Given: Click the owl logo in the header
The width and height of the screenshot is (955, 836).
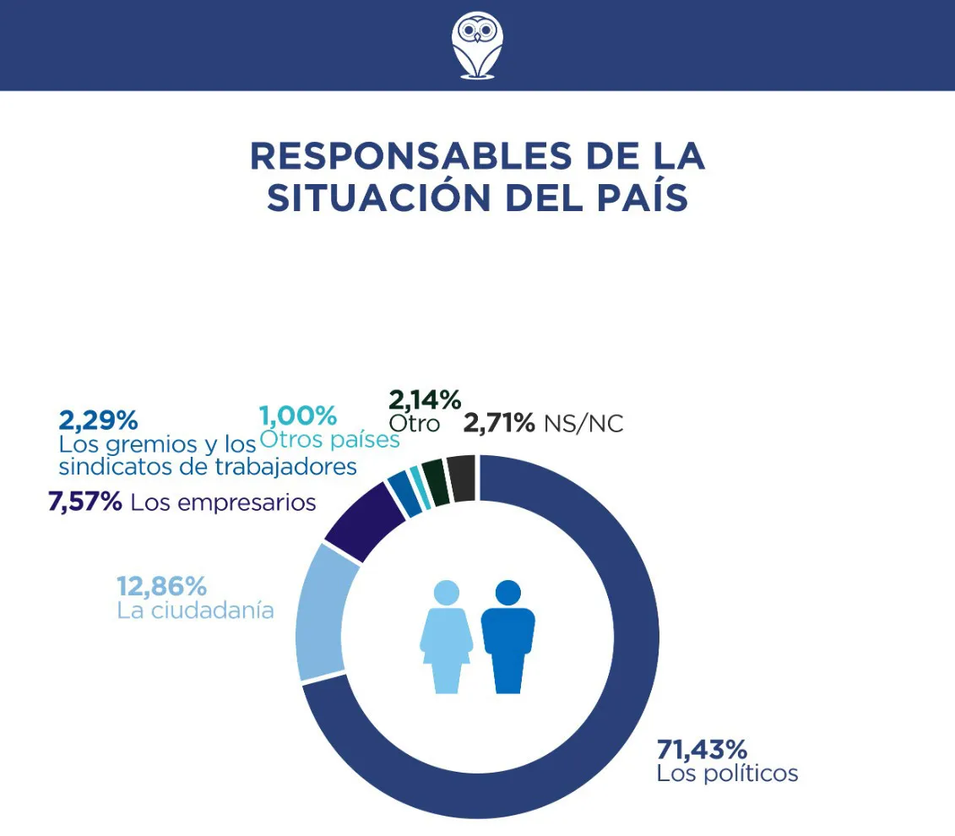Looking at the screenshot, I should pyautogui.click(x=477, y=44).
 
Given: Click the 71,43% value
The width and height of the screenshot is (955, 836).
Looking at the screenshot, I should pyautogui.click(x=702, y=749).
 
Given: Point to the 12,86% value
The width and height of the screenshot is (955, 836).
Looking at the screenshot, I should pyautogui.click(x=161, y=586).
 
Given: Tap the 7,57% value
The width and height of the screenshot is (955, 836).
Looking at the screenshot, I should pyautogui.click(x=85, y=503).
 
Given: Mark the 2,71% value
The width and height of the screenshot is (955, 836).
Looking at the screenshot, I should pyautogui.click(x=498, y=423).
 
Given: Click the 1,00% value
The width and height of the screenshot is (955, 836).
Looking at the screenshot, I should pyautogui.click(x=298, y=416).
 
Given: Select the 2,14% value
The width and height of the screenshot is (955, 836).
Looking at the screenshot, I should pyautogui.click(x=424, y=399).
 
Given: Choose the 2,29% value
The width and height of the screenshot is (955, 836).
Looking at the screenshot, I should pyautogui.click(x=98, y=420).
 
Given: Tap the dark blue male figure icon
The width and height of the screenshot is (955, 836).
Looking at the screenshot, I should pyautogui.click(x=507, y=636).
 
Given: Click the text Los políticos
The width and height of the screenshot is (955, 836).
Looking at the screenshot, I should pyautogui.click(x=727, y=774).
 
